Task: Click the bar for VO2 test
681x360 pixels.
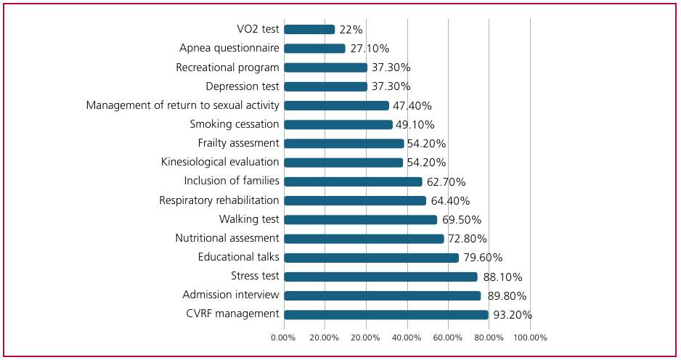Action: (309, 30)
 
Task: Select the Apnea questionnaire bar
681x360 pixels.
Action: (314, 48)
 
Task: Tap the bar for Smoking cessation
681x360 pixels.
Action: (338, 125)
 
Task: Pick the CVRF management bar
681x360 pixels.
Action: (386, 315)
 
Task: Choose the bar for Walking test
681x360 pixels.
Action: (361, 220)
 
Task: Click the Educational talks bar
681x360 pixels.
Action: (371, 258)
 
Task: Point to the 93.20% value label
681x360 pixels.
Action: (513, 315)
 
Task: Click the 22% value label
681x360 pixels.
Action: (351, 30)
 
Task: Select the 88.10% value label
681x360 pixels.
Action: (502, 277)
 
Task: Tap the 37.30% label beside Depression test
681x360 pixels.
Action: (391, 86)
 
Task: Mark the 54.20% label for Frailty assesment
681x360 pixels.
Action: (426, 144)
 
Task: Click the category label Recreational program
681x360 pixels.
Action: (227, 67)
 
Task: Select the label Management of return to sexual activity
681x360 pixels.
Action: (183, 105)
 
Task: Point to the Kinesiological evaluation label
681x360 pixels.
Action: (220, 162)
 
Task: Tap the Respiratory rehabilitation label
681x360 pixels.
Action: (219, 200)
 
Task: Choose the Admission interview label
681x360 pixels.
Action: (231, 295)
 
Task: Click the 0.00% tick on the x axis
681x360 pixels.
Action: (283, 337)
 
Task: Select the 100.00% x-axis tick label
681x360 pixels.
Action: (530, 337)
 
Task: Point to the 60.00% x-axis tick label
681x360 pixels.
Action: (448, 337)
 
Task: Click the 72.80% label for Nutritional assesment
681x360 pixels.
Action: (468, 239)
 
